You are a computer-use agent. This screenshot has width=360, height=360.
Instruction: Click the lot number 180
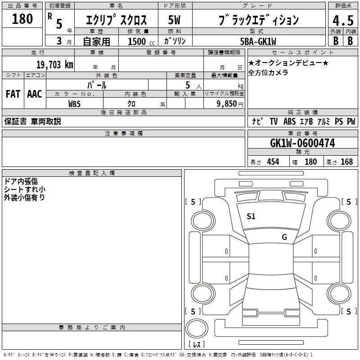pyautogui.click(x=22, y=18)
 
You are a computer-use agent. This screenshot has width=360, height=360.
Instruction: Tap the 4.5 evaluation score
pyautogui.click(x=343, y=20)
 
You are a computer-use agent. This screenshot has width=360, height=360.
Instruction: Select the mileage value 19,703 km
pyautogui.click(x=55, y=65)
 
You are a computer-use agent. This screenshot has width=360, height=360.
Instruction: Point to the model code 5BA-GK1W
pyautogui.click(x=258, y=41)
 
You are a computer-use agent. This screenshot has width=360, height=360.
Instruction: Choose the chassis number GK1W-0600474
pyautogui.click(x=302, y=143)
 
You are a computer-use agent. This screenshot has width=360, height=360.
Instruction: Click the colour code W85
pyautogui.click(x=74, y=104)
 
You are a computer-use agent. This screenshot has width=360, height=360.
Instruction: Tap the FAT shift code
pyautogui.click(x=13, y=94)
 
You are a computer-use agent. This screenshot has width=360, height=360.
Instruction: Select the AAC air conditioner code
pyautogui.click(x=35, y=94)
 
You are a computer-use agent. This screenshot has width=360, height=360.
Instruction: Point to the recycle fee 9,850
pyautogui.click(x=227, y=104)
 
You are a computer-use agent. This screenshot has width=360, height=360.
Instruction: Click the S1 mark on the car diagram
pyautogui.click(x=251, y=216)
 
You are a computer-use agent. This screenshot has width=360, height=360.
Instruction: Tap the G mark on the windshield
pyautogui.click(x=284, y=237)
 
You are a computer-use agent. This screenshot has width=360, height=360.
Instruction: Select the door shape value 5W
pyautogui.click(x=174, y=20)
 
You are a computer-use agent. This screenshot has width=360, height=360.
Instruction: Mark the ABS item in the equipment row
pyautogui.click(x=289, y=121)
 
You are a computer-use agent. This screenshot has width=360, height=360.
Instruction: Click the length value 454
pyautogui.click(x=273, y=162)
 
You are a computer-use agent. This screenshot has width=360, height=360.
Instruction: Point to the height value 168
pyautogui.click(x=346, y=162)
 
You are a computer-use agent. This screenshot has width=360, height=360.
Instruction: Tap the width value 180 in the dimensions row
pyautogui.click(x=310, y=162)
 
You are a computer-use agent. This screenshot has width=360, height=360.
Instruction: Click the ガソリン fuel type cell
pyautogui.click(x=175, y=41)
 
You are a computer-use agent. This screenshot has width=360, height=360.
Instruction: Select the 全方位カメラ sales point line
pyautogui.click(x=268, y=72)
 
